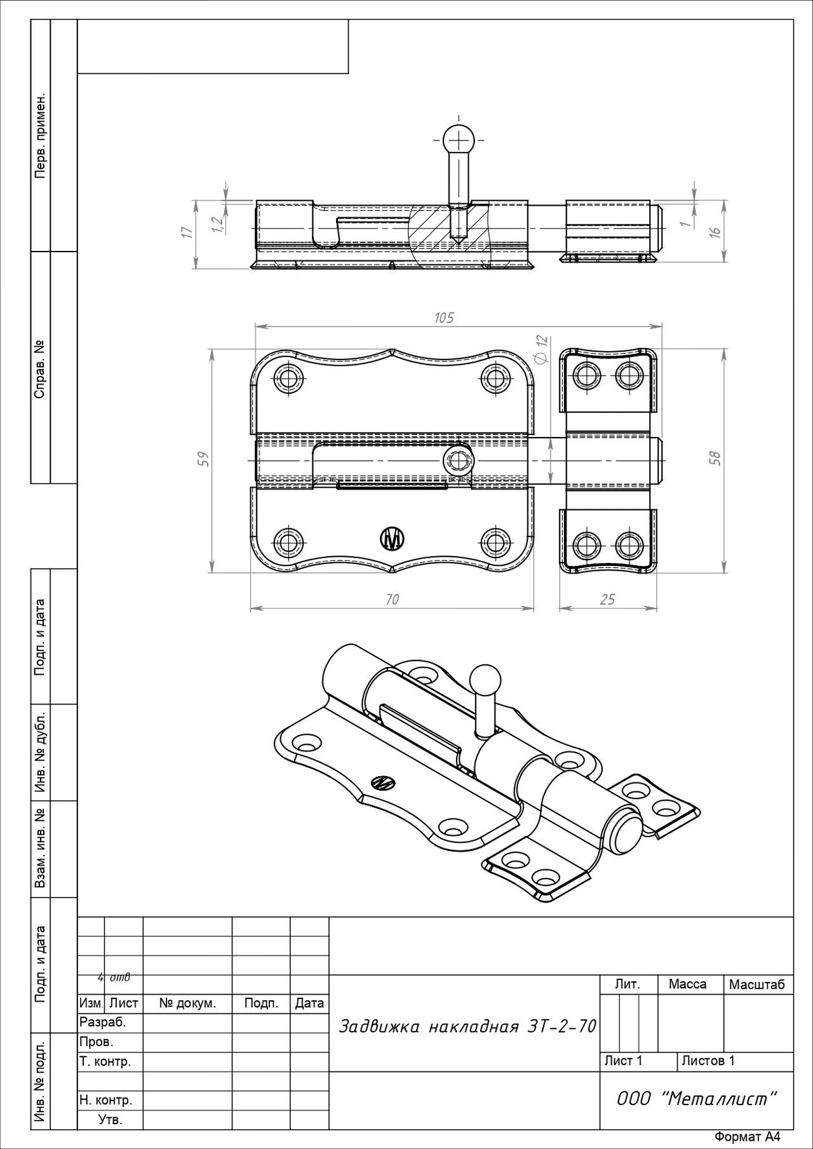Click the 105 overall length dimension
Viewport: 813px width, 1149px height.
[x=444, y=318]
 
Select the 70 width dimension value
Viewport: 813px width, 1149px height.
[x=392, y=599]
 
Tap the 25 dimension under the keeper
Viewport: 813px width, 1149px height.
[x=607, y=599]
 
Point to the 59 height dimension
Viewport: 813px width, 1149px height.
[x=203, y=459]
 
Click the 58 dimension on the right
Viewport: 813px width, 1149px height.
[x=716, y=459]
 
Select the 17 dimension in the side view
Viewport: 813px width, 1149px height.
[x=186, y=232]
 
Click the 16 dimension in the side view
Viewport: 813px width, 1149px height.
[x=716, y=232]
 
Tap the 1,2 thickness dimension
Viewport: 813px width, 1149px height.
[x=217, y=224]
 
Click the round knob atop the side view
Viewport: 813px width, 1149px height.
[x=458, y=139]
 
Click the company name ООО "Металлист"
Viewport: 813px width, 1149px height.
[x=697, y=1098]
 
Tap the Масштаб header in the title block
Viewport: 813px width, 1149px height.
[x=757, y=984]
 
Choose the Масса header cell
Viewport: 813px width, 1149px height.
[x=687, y=984]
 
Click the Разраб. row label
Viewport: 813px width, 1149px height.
[x=103, y=1022]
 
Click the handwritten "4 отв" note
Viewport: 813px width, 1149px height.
[x=114, y=977]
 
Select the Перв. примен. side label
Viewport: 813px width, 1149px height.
[x=40, y=136]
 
